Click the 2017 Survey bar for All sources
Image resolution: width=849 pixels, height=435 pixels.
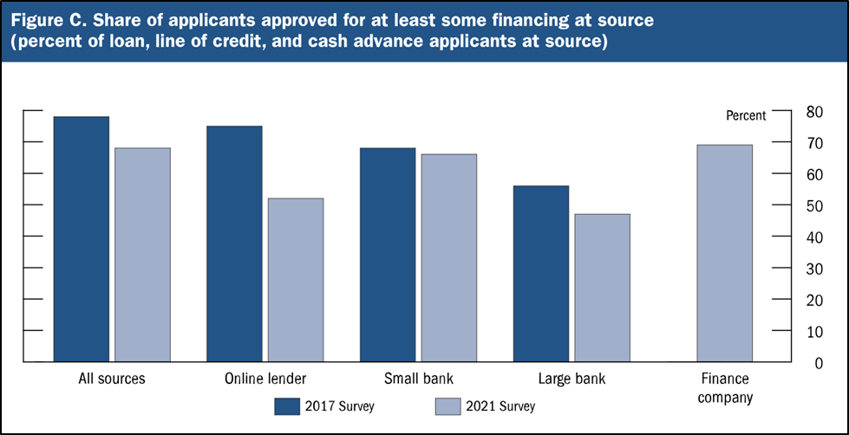click(x=82, y=238)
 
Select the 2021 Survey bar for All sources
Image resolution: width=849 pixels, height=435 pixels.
click(x=142, y=254)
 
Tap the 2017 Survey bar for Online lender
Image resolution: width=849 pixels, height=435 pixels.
click(x=234, y=243)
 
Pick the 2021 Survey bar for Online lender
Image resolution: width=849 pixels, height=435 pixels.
click(x=296, y=279)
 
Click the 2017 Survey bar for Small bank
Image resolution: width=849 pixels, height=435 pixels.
click(x=388, y=254)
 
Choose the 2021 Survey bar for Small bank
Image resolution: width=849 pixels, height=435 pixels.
click(x=448, y=257)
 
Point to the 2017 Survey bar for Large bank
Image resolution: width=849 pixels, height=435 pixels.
click(x=541, y=273)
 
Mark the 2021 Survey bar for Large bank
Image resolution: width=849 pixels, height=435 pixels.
click(x=602, y=287)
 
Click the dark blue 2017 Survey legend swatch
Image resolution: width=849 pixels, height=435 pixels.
click(x=287, y=405)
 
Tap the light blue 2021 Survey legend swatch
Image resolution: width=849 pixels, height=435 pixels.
click(x=446, y=405)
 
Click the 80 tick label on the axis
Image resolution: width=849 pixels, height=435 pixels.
click(x=815, y=111)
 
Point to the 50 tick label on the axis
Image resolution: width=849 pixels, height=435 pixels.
click(x=815, y=205)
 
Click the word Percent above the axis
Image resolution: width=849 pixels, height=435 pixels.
click(x=745, y=115)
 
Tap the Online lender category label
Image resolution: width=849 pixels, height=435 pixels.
click(x=264, y=379)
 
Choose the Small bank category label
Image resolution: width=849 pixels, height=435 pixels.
click(x=418, y=379)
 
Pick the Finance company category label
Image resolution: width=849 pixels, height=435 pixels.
click(x=724, y=387)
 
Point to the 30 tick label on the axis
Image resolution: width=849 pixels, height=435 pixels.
click(x=815, y=268)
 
